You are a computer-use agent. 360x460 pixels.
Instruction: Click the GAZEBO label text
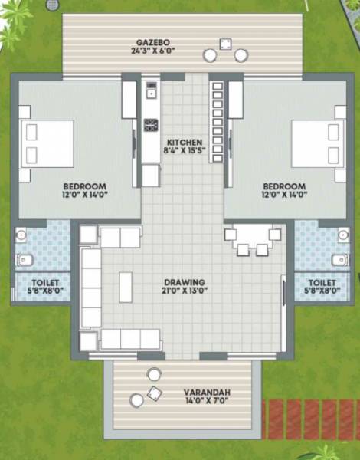(x=152, y=41)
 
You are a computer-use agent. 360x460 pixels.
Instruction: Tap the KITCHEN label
(x=185, y=143)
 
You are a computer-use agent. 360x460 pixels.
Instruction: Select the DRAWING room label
(x=184, y=281)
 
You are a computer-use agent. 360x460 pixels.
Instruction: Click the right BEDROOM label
(x=284, y=186)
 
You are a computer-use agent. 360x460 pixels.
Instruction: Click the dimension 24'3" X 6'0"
(x=152, y=51)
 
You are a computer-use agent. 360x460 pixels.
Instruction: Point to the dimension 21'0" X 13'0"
(x=184, y=291)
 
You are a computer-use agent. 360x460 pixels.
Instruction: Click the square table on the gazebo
(x=226, y=44)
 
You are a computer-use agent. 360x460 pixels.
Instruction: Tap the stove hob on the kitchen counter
(x=151, y=124)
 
